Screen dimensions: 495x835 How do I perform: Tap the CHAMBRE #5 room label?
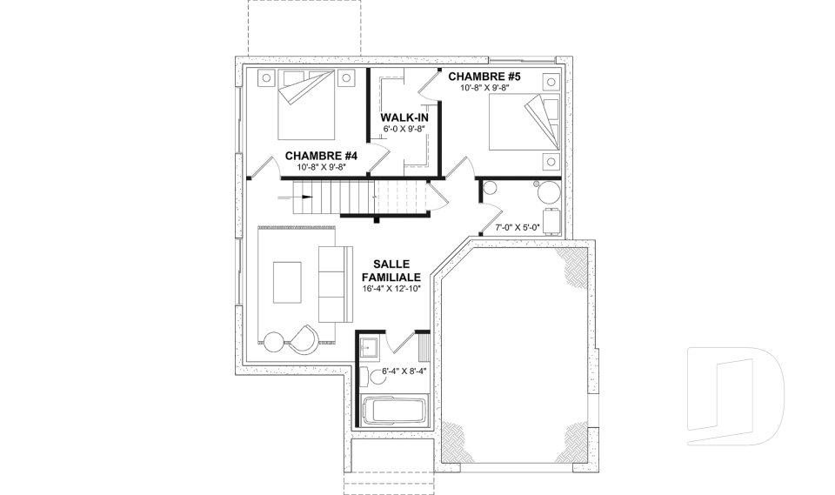tap(484, 77)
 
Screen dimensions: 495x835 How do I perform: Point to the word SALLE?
tap(391, 264)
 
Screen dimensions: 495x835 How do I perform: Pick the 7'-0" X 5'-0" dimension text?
tap(517, 228)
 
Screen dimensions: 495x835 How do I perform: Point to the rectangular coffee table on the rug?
tap(287, 283)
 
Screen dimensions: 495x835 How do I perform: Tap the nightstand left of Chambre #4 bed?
tap(264, 80)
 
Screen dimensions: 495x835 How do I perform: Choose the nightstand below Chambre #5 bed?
tap(550, 160)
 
